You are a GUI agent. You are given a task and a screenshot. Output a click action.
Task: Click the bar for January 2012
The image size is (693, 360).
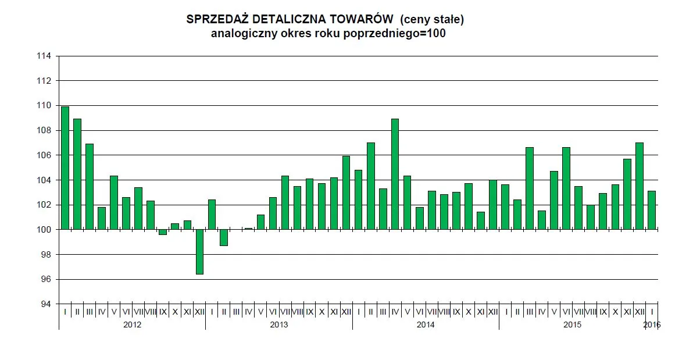[x=65, y=168]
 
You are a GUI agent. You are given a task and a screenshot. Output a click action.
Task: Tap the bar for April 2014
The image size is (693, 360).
[x=395, y=174]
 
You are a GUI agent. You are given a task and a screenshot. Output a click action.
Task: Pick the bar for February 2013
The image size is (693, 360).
[x=224, y=238]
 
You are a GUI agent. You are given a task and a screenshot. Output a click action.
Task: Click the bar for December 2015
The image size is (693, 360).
[x=640, y=186]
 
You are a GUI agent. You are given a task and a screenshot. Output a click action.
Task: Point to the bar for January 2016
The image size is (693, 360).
[x=652, y=210]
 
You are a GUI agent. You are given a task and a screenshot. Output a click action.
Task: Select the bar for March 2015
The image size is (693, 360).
[x=530, y=188]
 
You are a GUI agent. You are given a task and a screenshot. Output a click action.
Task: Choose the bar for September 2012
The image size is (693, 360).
[x=163, y=232]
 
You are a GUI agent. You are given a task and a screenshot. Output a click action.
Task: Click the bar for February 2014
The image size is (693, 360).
[x=371, y=186]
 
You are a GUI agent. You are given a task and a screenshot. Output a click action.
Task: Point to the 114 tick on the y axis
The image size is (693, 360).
[x=44, y=56]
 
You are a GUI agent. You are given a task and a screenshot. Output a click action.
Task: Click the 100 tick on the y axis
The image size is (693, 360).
[x=44, y=230]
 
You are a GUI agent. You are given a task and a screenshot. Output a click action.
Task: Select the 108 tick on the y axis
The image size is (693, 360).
[x=44, y=130]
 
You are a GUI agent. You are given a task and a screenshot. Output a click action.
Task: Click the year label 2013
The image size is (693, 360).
[x=278, y=325]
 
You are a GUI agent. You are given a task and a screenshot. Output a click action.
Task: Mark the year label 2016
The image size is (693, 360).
[x=652, y=325]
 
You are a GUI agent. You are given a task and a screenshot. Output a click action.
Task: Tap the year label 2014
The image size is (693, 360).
[x=426, y=325]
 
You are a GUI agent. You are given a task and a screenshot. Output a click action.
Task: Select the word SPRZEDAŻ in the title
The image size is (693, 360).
[x=212, y=19]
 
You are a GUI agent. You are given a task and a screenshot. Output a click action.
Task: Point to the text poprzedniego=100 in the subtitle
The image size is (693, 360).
[x=402, y=34]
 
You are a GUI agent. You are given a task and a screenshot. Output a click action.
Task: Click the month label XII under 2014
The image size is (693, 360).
[x=493, y=312]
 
